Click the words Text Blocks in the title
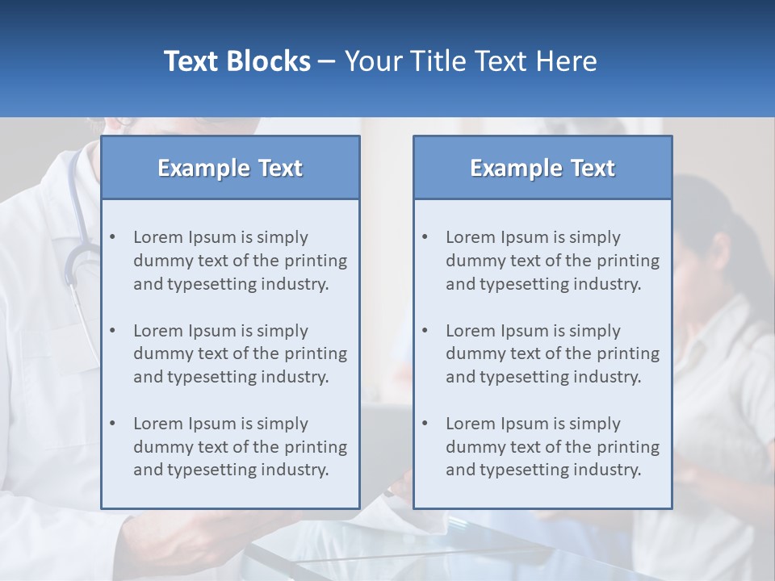237,61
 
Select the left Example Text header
230,168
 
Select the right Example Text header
542,168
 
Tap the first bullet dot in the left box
112,237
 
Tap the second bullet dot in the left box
112,331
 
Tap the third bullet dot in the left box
112,424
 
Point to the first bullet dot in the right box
425,237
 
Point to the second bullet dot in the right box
425,331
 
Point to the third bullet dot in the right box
425,424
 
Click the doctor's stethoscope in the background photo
74,258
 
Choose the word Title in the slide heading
441,61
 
